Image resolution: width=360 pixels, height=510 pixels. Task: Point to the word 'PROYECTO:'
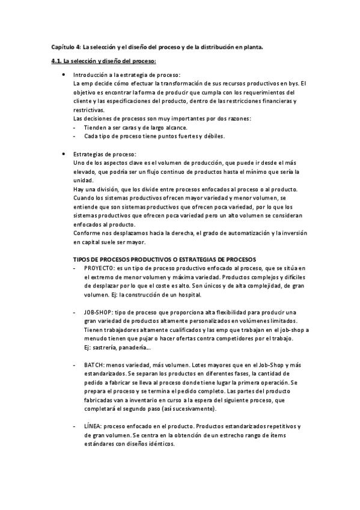[x=98, y=268]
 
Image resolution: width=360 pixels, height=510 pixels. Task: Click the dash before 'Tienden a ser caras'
[x=74, y=127]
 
